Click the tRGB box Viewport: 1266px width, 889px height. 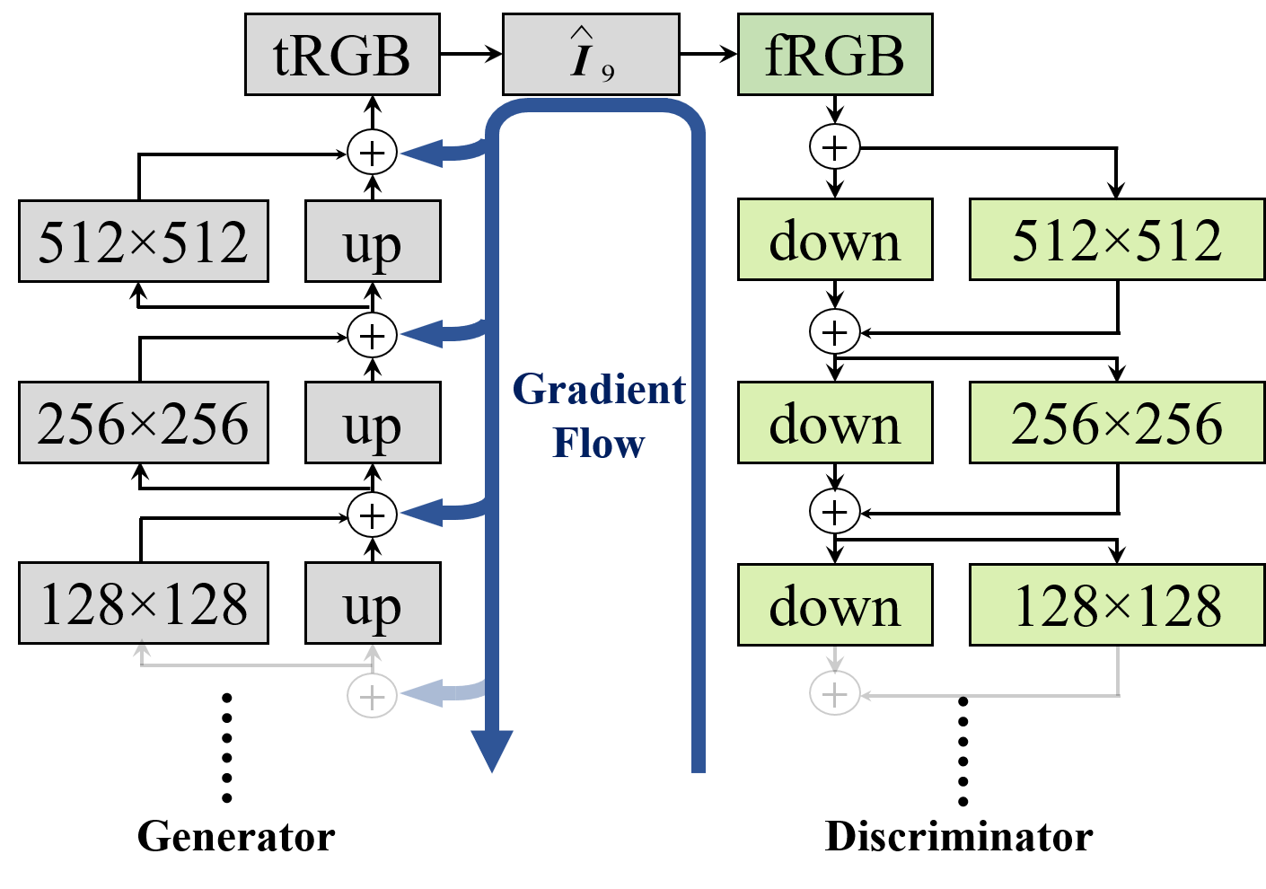[342, 55]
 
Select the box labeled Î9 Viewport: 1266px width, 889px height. [591, 55]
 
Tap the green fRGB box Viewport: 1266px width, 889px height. [835, 55]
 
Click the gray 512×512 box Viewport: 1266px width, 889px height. [144, 242]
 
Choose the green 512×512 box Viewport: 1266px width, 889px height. [1117, 240]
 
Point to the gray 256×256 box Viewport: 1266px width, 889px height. [144, 423]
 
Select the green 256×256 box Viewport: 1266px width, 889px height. [1117, 423]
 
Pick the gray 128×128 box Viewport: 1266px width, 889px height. [144, 603]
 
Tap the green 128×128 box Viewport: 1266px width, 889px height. [1117, 605]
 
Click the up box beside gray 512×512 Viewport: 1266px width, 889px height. [373, 242]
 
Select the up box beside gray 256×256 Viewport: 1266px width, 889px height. [373, 423]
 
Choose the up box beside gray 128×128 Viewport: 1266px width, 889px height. [373, 603]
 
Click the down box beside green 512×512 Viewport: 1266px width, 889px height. [835, 240]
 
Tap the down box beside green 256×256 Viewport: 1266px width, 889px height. [835, 423]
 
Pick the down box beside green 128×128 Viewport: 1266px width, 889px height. [835, 605]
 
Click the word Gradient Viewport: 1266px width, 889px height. [599, 391]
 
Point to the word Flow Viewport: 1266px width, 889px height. [599, 443]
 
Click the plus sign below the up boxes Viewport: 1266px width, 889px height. [373, 698]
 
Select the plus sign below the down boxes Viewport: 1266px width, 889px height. [835, 695]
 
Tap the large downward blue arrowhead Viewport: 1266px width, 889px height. [492, 750]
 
